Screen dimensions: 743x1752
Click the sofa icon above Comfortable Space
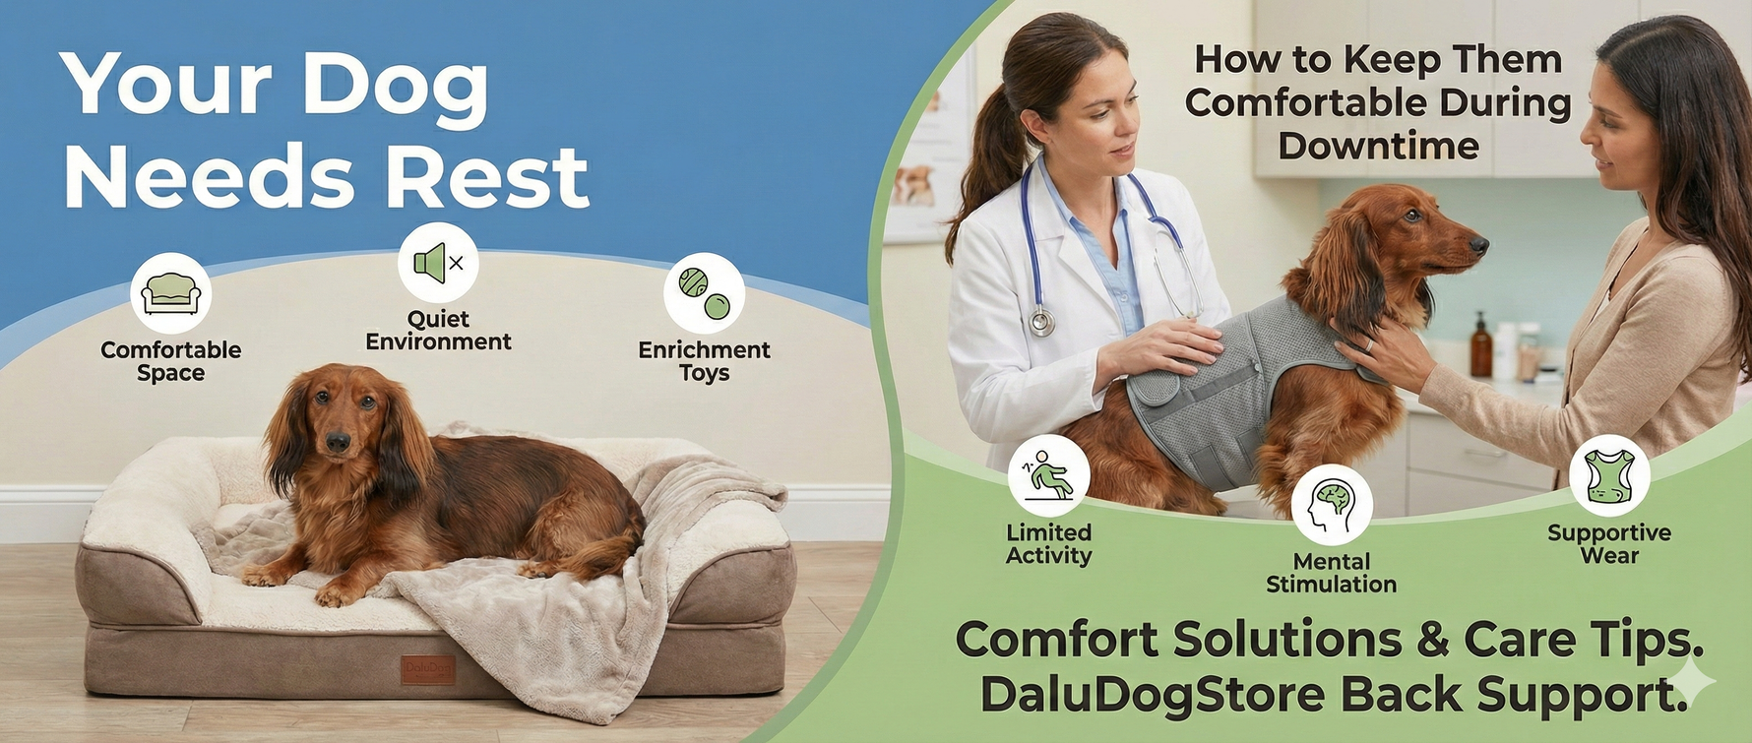171,292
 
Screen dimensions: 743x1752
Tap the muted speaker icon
438,263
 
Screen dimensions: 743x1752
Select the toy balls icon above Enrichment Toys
704,292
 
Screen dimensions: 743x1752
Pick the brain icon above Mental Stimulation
1332,504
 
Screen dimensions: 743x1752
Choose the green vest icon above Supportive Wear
1609,475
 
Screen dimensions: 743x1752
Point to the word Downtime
1378,146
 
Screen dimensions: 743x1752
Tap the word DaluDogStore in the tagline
1153,694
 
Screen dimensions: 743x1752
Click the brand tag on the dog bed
427,669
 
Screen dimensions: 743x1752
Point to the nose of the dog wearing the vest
1479,242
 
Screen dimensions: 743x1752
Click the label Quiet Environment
438,331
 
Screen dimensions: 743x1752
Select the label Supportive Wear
1609,544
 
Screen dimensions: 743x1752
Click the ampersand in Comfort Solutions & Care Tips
1432,641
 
